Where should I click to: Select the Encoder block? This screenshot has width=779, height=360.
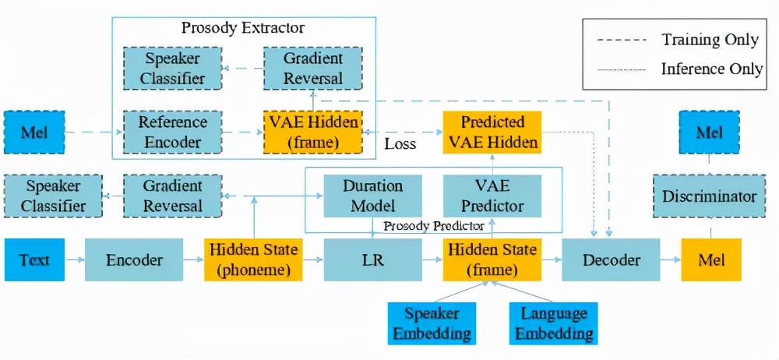click(x=133, y=260)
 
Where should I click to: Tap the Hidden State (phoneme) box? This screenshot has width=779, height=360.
click(x=252, y=260)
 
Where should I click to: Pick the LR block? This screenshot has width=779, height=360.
click(x=371, y=260)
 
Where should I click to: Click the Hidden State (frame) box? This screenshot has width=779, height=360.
click(x=491, y=260)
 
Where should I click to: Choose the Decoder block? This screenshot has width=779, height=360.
click(x=611, y=260)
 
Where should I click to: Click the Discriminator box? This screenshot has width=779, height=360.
click(x=710, y=196)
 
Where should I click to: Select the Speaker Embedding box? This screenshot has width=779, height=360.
click(x=430, y=323)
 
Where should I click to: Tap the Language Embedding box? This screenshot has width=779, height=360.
click(x=553, y=323)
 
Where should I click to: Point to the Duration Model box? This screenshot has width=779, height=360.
click(x=372, y=196)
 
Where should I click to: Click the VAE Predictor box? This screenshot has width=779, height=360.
click(x=492, y=196)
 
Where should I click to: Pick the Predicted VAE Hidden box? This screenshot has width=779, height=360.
click(x=492, y=132)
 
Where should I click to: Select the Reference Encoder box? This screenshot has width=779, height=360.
click(x=171, y=132)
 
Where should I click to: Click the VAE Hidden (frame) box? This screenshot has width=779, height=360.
click(x=312, y=132)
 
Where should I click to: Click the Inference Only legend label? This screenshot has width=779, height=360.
click(x=711, y=69)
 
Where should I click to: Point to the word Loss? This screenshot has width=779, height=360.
click(x=400, y=144)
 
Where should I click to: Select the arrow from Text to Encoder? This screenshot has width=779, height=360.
click(x=75, y=260)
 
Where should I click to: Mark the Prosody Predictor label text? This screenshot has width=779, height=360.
click(x=433, y=226)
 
